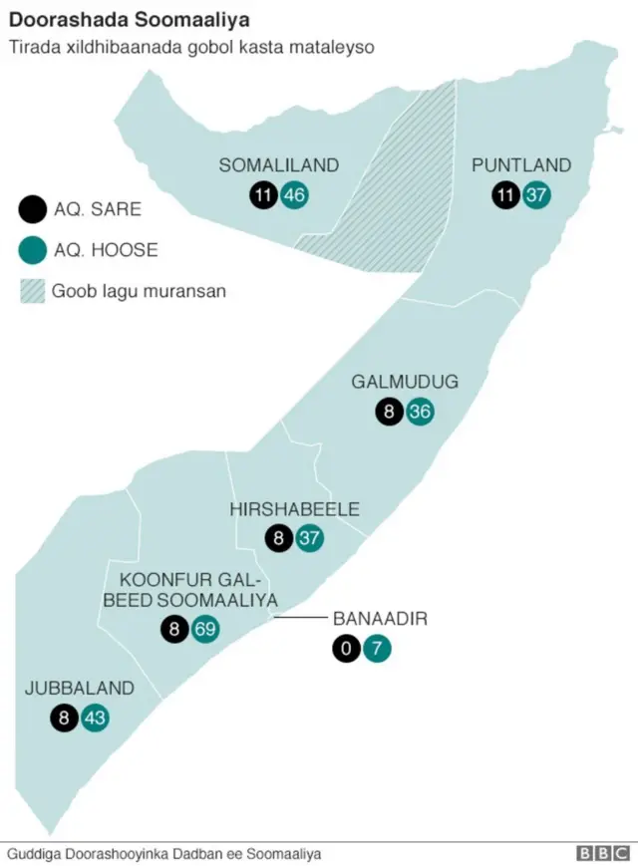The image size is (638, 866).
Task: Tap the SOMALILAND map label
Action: (x=279, y=165)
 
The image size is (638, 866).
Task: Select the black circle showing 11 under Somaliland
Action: (x=263, y=195)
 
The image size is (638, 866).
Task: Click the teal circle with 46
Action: (x=294, y=195)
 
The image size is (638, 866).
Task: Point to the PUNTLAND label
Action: (x=521, y=165)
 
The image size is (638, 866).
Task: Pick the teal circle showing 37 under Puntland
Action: (x=536, y=195)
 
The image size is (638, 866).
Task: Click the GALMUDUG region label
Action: (x=405, y=382)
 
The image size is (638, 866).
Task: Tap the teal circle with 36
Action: (x=420, y=411)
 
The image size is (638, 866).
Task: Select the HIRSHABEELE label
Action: (x=294, y=509)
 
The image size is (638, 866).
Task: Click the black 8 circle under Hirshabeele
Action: (x=279, y=539)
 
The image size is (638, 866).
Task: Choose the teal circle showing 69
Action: (x=205, y=629)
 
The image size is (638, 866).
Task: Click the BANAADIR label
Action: (x=380, y=619)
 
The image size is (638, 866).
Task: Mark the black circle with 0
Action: (x=346, y=650)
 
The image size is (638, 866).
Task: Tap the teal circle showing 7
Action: (x=377, y=650)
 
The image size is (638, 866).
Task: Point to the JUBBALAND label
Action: (x=80, y=688)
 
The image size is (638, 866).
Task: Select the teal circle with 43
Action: (x=95, y=718)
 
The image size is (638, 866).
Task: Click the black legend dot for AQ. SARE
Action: (x=32, y=209)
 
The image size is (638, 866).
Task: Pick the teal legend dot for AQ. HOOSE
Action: (x=32, y=249)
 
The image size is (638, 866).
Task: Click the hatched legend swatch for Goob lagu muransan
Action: (x=32, y=291)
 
